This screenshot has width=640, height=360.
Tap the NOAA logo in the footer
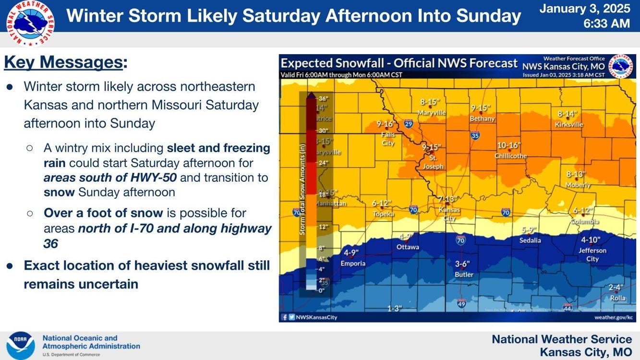pos(21,345)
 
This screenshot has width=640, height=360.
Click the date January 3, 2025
pos(584,9)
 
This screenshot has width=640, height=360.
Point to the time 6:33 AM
pos(606,24)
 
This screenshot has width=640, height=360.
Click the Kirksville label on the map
pos(569,124)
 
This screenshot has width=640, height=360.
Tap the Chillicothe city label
pos(510,156)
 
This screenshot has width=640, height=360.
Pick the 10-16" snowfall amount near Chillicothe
pos(508,145)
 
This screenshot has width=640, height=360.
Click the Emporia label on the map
pos(353,263)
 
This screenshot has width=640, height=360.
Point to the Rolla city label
pos(617,298)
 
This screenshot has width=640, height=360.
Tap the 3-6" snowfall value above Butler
pos(462,264)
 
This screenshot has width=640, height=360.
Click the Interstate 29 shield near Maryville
pos(408,123)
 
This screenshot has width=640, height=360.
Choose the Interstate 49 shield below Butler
pos(461,303)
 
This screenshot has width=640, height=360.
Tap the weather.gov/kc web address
pos(613,317)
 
